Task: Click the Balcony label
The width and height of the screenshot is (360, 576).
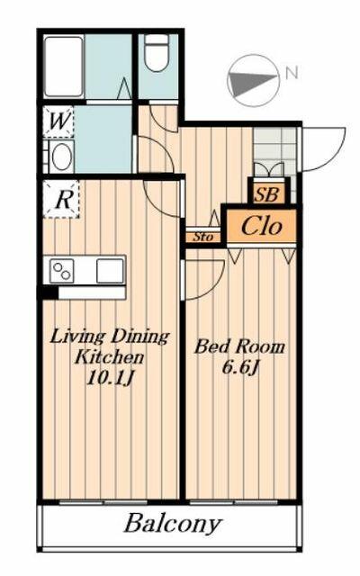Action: point(173,524)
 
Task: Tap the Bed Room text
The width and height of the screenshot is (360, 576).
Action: point(240,346)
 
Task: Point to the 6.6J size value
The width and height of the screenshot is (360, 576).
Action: point(240,367)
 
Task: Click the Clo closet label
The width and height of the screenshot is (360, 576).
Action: point(261,227)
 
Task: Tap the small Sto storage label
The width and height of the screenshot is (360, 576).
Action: point(201,238)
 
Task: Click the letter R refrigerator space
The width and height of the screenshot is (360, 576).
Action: point(62,200)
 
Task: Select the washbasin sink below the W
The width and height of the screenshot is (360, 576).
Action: point(61,157)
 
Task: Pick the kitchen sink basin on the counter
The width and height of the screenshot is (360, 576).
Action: point(110,269)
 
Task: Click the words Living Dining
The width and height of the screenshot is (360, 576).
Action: point(109,337)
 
